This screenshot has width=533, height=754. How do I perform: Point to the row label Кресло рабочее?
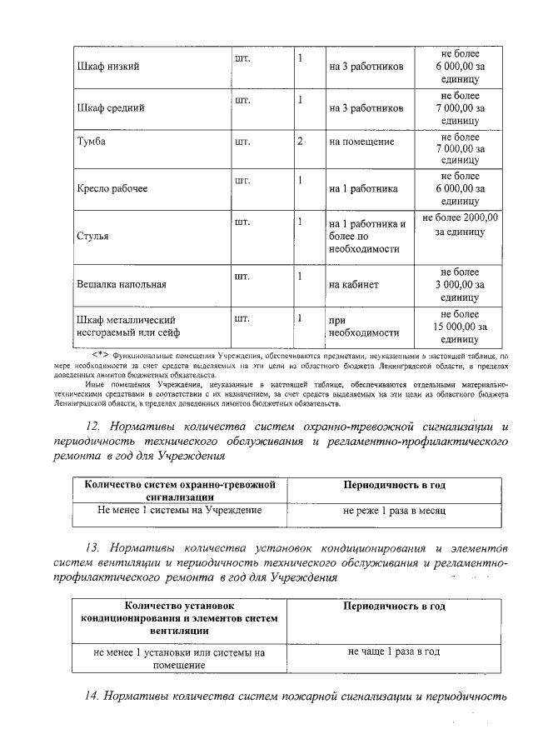click(x=112, y=189)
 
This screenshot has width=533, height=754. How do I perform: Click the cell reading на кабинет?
click(x=354, y=284)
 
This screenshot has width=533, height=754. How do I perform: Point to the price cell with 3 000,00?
click(x=460, y=284)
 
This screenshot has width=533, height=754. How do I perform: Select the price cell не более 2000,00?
click(x=460, y=223)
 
